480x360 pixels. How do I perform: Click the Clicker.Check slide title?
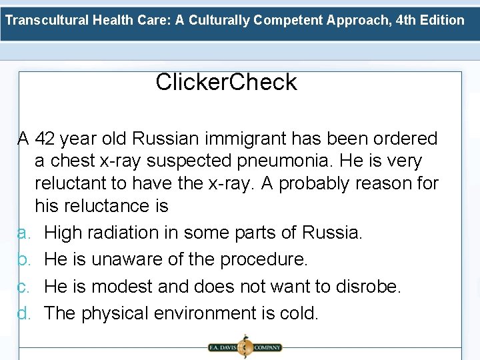coord(226,82)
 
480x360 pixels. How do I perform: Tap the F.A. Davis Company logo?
coord(243,347)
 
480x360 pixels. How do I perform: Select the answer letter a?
coord(22,233)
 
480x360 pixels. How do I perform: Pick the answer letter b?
coord(22,260)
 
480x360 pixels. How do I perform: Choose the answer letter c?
coord(22,287)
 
